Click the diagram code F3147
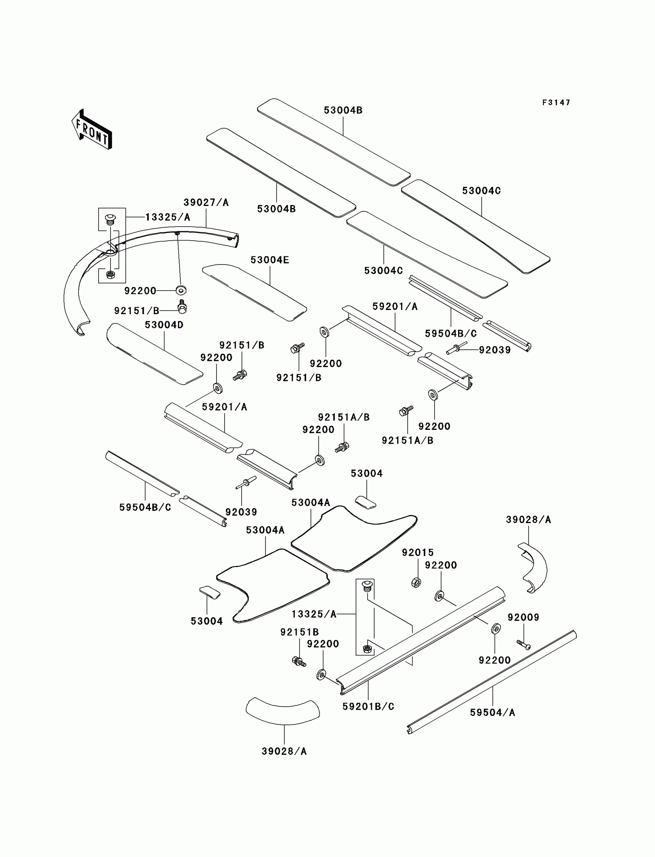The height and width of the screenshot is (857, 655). click(556, 103)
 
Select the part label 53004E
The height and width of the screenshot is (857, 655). click(270, 260)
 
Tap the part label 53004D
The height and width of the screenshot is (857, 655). click(164, 325)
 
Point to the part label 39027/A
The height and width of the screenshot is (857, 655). click(206, 202)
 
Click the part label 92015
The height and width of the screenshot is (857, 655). click(418, 552)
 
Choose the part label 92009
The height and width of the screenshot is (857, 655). click(523, 617)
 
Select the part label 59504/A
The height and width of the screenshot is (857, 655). click(492, 713)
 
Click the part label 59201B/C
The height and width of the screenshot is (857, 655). click(368, 706)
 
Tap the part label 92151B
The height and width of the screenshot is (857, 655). click(299, 632)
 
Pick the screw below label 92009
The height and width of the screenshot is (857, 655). click(524, 645)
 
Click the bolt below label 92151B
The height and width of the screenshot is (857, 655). click(299, 661)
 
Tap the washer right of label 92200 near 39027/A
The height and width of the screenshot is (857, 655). click(181, 290)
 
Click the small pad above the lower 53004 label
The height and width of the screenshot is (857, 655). click(210, 592)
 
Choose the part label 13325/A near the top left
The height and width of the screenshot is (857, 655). click(168, 217)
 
